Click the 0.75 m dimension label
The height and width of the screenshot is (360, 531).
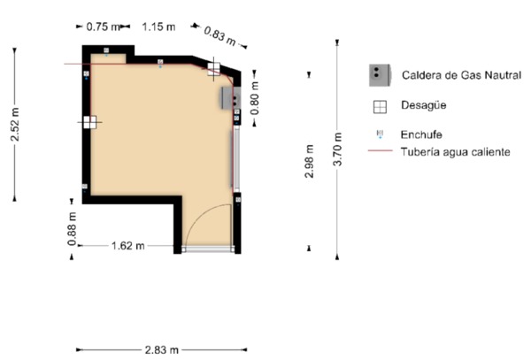103,27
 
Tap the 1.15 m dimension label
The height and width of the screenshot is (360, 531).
158,27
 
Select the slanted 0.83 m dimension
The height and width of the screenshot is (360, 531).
219,36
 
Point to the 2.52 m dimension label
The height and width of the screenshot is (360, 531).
15,124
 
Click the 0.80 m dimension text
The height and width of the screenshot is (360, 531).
255,98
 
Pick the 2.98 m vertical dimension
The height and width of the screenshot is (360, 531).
309,161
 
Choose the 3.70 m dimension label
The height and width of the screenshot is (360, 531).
338,149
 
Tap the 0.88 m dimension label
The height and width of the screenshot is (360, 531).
72,229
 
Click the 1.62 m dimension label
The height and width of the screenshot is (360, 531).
128,245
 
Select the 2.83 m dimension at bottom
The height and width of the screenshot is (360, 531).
162,349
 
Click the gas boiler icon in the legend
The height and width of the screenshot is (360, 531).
380,75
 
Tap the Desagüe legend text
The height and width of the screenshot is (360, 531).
423,105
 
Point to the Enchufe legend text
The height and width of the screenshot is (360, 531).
421,134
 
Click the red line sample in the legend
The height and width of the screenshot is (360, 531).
381,150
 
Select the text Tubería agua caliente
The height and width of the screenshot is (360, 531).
456,151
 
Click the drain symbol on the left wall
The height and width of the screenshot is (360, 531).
90,122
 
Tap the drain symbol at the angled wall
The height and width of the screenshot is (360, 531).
213,69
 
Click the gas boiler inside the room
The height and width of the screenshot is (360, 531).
231,98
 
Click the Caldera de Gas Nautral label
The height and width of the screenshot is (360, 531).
461,75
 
